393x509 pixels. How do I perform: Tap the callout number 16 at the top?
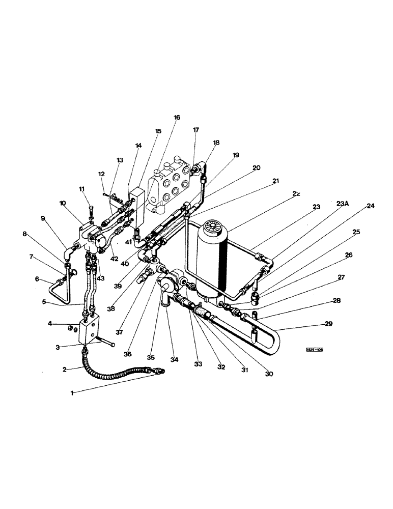click(x=177, y=118)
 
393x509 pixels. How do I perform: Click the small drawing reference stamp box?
click(x=315, y=350)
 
